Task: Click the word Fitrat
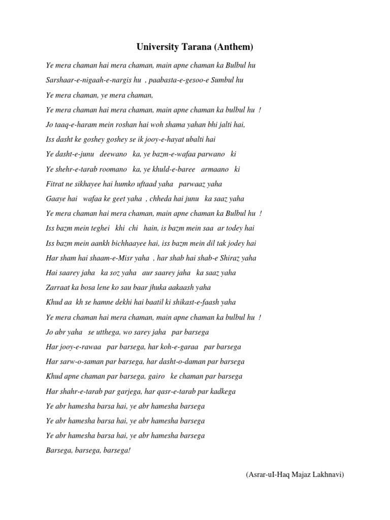pos(54,183)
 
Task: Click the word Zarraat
pos(57,287)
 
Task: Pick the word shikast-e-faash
pos(197,302)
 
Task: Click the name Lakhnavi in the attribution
pos(328,475)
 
